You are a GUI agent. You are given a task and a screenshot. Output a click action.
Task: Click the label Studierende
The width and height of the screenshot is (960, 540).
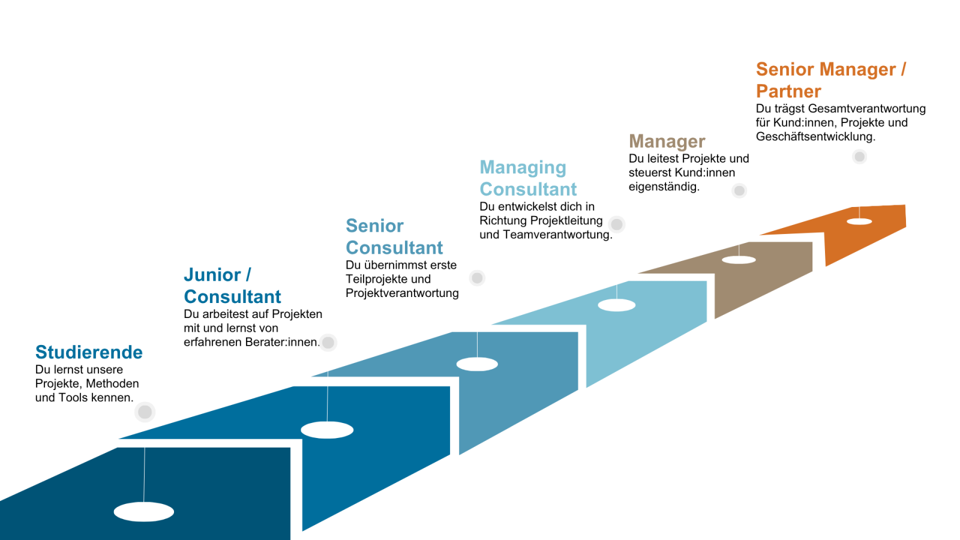click(x=89, y=352)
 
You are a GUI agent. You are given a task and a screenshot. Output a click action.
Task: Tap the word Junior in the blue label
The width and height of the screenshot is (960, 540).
click(x=212, y=275)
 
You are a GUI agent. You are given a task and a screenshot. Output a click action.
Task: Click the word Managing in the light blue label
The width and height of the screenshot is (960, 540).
click(x=523, y=168)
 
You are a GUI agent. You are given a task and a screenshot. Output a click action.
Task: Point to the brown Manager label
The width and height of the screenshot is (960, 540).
click(x=667, y=142)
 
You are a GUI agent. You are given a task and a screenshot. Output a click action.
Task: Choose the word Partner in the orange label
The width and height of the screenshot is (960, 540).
click(x=788, y=91)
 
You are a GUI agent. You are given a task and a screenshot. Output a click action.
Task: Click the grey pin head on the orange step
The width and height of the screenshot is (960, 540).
click(x=860, y=157)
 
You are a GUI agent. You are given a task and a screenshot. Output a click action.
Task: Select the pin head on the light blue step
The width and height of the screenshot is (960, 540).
click(x=617, y=224)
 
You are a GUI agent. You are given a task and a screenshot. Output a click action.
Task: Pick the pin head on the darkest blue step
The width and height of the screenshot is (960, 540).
click(x=145, y=412)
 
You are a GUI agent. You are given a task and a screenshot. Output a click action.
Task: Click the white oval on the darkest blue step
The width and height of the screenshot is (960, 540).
click(x=144, y=512)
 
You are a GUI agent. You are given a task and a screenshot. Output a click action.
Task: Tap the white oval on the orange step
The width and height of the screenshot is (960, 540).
click(x=859, y=221)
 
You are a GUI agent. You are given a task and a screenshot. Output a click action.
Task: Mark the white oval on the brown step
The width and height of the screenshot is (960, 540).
click(x=739, y=260)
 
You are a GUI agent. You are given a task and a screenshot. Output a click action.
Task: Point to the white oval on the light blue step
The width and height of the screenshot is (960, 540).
click(x=617, y=305)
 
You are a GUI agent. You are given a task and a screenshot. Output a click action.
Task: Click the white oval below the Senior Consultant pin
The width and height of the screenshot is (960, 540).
click(x=477, y=364)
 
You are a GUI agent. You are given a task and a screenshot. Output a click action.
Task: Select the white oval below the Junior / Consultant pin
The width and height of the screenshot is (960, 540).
click(x=327, y=430)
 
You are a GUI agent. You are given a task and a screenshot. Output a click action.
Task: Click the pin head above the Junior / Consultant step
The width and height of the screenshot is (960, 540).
click(x=328, y=343)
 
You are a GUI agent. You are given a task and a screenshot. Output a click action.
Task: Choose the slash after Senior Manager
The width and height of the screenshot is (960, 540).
click(x=903, y=70)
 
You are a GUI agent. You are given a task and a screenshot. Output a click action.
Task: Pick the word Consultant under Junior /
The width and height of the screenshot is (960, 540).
click(x=233, y=296)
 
